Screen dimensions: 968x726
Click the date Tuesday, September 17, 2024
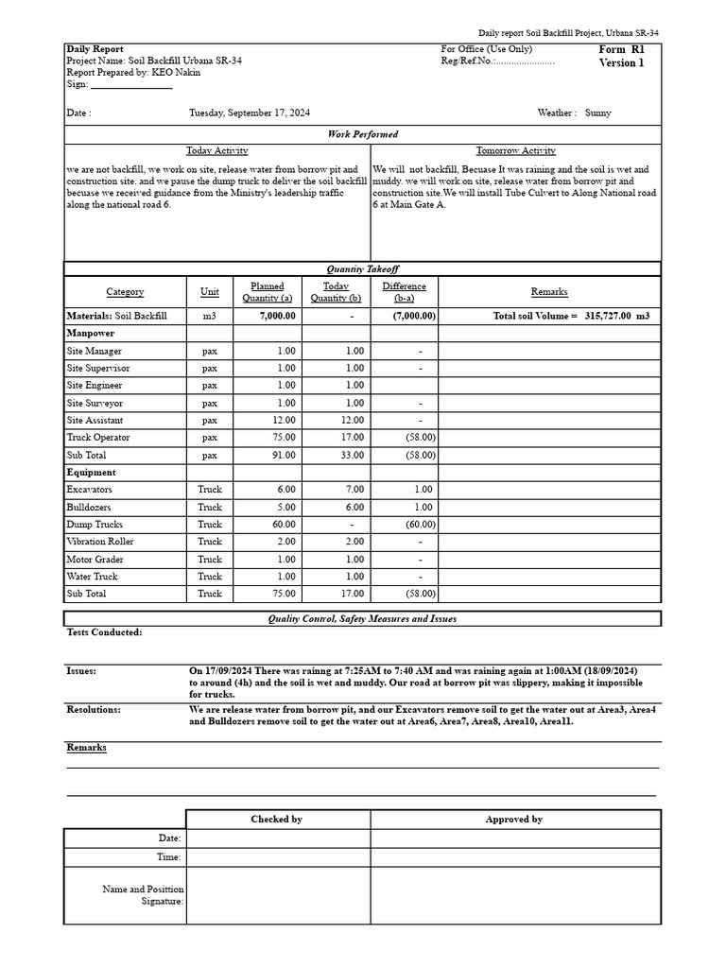tap(250, 112)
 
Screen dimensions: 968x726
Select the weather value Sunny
tap(597, 112)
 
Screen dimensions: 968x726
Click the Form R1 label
tap(621, 49)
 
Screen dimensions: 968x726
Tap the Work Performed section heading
tap(362, 134)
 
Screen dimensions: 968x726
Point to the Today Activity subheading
tap(217, 150)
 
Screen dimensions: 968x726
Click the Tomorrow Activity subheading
tap(515, 150)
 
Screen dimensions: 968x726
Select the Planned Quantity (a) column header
tap(267, 292)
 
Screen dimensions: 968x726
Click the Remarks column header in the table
tap(549, 292)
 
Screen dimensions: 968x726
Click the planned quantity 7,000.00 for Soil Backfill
tap(278, 316)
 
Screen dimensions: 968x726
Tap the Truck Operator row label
tap(98, 438)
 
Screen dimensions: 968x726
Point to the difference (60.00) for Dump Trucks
tap(420, 525)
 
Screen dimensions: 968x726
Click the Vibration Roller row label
tap(100, 542)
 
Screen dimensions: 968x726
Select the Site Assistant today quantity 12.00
tap(352, 421)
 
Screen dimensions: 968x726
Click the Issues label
tap(81, 670)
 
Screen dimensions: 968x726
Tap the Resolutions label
tap(94, 709)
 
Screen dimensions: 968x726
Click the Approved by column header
tap(513, 820)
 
